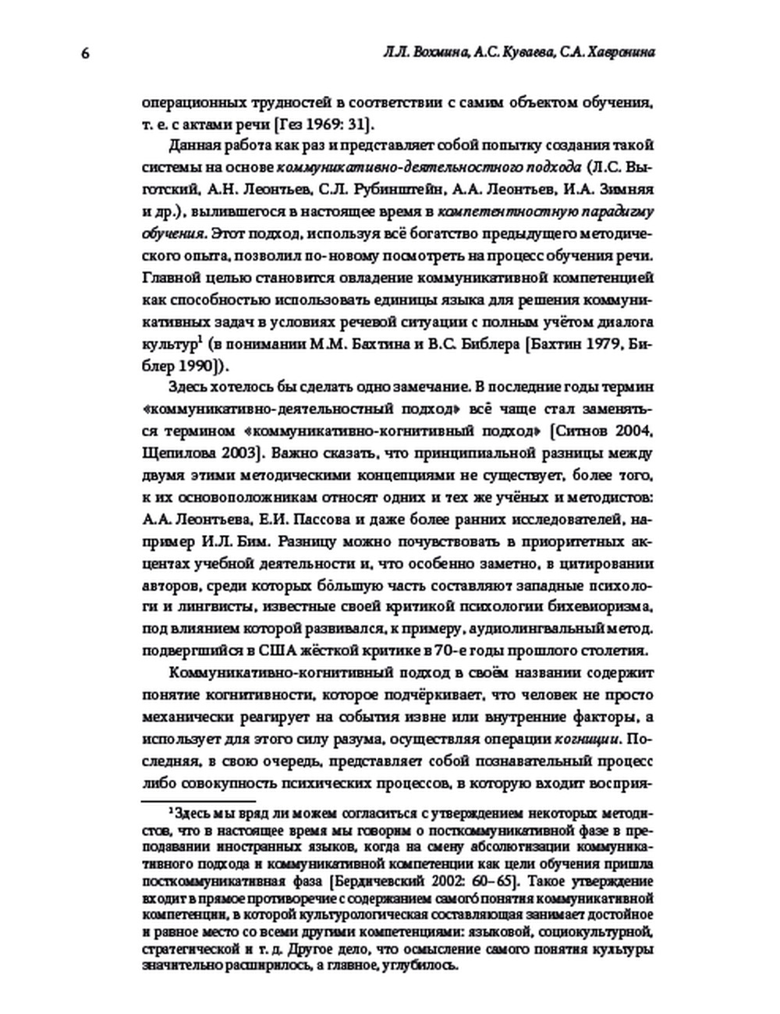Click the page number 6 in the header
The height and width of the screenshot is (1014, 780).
pos(85,53)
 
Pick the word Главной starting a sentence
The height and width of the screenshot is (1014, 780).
pos(170,278)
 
